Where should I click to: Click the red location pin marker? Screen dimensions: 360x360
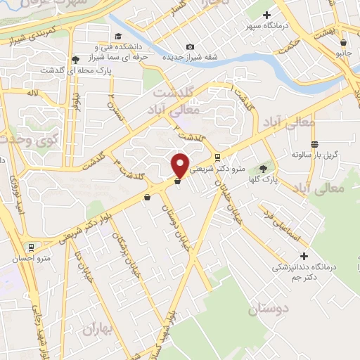[x=180, y=165]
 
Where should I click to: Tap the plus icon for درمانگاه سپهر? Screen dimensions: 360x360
[x=266, y=15]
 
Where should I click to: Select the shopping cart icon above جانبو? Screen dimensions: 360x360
[x=343, y=42]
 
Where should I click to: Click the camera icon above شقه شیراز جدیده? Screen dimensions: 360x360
[x=190, y=47]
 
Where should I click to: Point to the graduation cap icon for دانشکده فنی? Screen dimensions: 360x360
[x=117, y=36]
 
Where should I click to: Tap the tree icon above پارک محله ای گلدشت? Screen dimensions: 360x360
[x=75, y=60]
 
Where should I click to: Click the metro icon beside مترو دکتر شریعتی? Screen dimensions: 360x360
[x=218, y=157]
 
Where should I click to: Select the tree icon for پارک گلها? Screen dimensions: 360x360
[x=264, y=168]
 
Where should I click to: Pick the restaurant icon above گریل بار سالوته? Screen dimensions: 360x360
[x=314, y=143]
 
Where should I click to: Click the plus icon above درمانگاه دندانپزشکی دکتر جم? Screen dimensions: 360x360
[x=303, y=256]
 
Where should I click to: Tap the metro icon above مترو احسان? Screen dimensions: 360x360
[x=30, y=247]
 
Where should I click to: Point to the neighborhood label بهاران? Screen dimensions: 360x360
[x=97, y=328]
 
